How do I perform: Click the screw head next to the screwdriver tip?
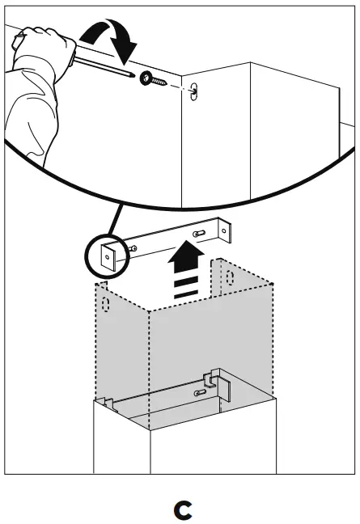pos(150,78)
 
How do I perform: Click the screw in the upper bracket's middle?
pos(198,234)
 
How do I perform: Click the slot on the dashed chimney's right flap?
pos(231,280)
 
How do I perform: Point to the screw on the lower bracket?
pos(198,391)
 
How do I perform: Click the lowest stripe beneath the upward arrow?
pos(185,295)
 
